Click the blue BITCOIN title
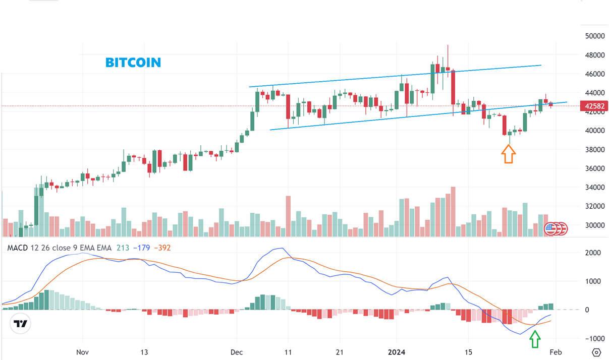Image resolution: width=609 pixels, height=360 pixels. coord(133,63)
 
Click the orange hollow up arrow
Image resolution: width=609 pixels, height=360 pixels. coord(508,154)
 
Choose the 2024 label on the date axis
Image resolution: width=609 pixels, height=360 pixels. coord(405,351)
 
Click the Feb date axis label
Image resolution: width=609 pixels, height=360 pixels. coord(556,351)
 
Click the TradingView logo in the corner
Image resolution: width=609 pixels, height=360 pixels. coord(21,324)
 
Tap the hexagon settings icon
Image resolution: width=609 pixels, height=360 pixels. coord(596,352)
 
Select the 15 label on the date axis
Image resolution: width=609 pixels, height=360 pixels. coord(469,351)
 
